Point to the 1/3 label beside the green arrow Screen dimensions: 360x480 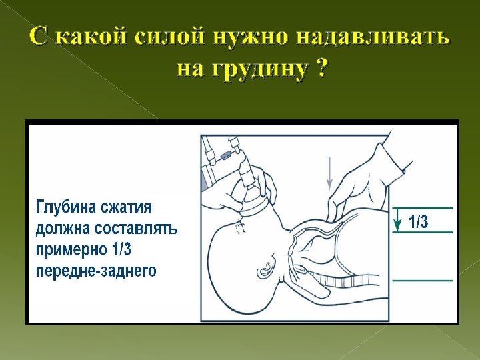[x=419, y=222]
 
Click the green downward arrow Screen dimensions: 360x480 [x=398, y=219]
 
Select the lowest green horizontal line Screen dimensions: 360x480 [x=423, y=281]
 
